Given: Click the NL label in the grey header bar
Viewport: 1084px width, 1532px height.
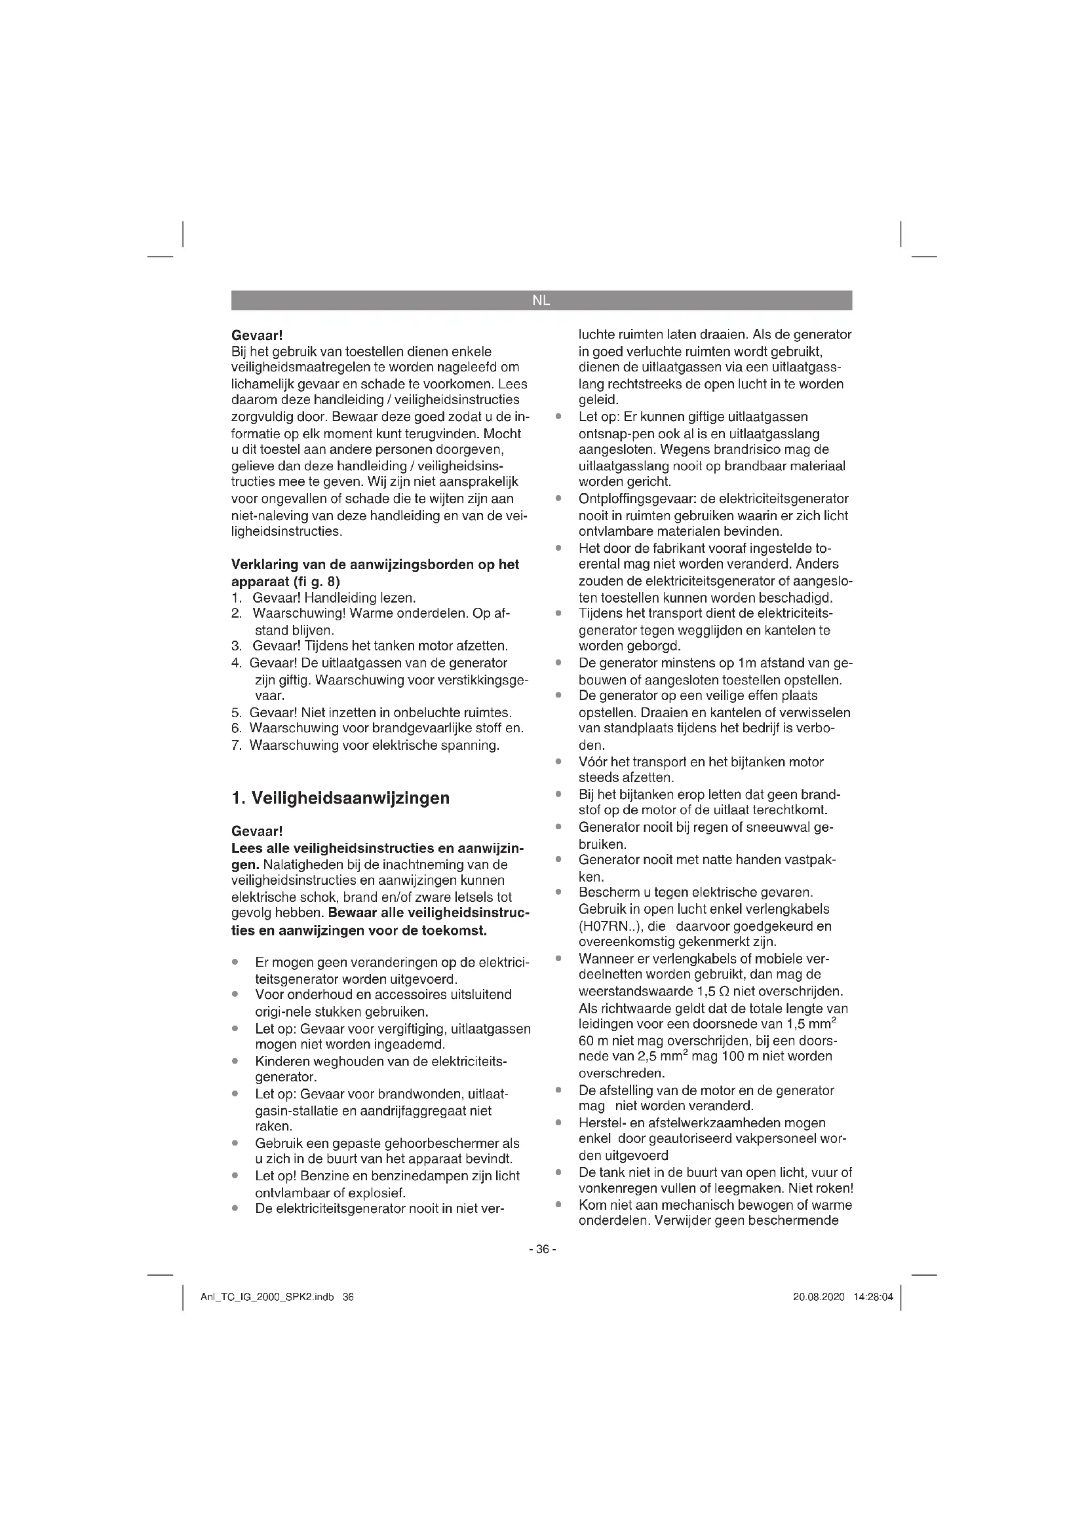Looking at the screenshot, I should [x=541, y=300].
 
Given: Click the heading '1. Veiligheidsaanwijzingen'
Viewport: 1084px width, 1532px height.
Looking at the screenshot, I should [x=340, y=798].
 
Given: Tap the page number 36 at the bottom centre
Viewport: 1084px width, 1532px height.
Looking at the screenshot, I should [x=541, y=1249].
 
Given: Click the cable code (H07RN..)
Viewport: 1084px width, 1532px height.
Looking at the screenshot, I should [x=609, y=926].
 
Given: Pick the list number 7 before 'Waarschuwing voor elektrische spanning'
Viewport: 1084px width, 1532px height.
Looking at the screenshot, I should [x=236, y=745].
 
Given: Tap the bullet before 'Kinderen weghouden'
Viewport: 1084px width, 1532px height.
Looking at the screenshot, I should [x=235, y=1061].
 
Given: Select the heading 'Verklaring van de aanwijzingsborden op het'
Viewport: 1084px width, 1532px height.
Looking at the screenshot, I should [x=375, y=565].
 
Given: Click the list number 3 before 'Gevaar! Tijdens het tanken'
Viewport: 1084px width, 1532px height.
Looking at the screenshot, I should [x=236, y=646].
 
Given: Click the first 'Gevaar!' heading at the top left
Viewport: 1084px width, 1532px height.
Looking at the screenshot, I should [x=257, y=334].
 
